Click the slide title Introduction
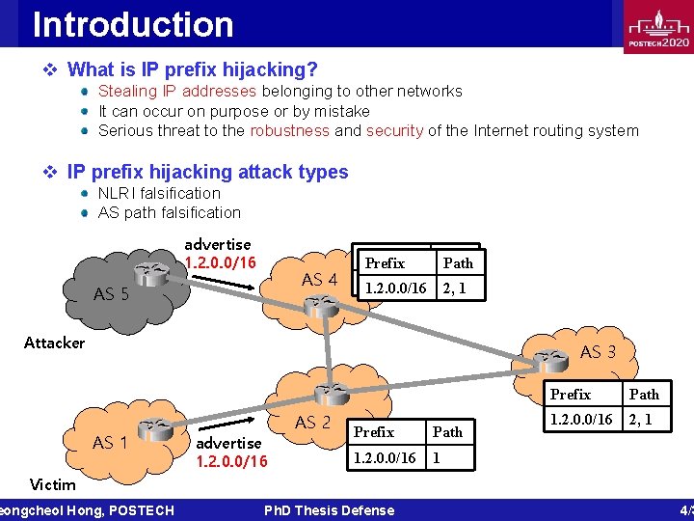point(133,24)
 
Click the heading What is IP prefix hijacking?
point(193,69)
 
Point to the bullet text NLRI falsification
point(159,193)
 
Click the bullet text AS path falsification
point(170,212)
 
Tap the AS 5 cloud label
point(111,294)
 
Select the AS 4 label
point(319,280)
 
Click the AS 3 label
point(598,352)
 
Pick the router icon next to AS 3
point(552,361)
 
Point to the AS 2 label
point(312,422)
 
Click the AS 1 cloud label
point(110,443)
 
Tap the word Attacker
point(54,343)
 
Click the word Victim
point(53,484)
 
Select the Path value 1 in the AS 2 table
point(437,457)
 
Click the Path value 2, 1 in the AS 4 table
point(452,288)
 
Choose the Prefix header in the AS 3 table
point(570,394)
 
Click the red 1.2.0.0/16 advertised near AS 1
point(231,461)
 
